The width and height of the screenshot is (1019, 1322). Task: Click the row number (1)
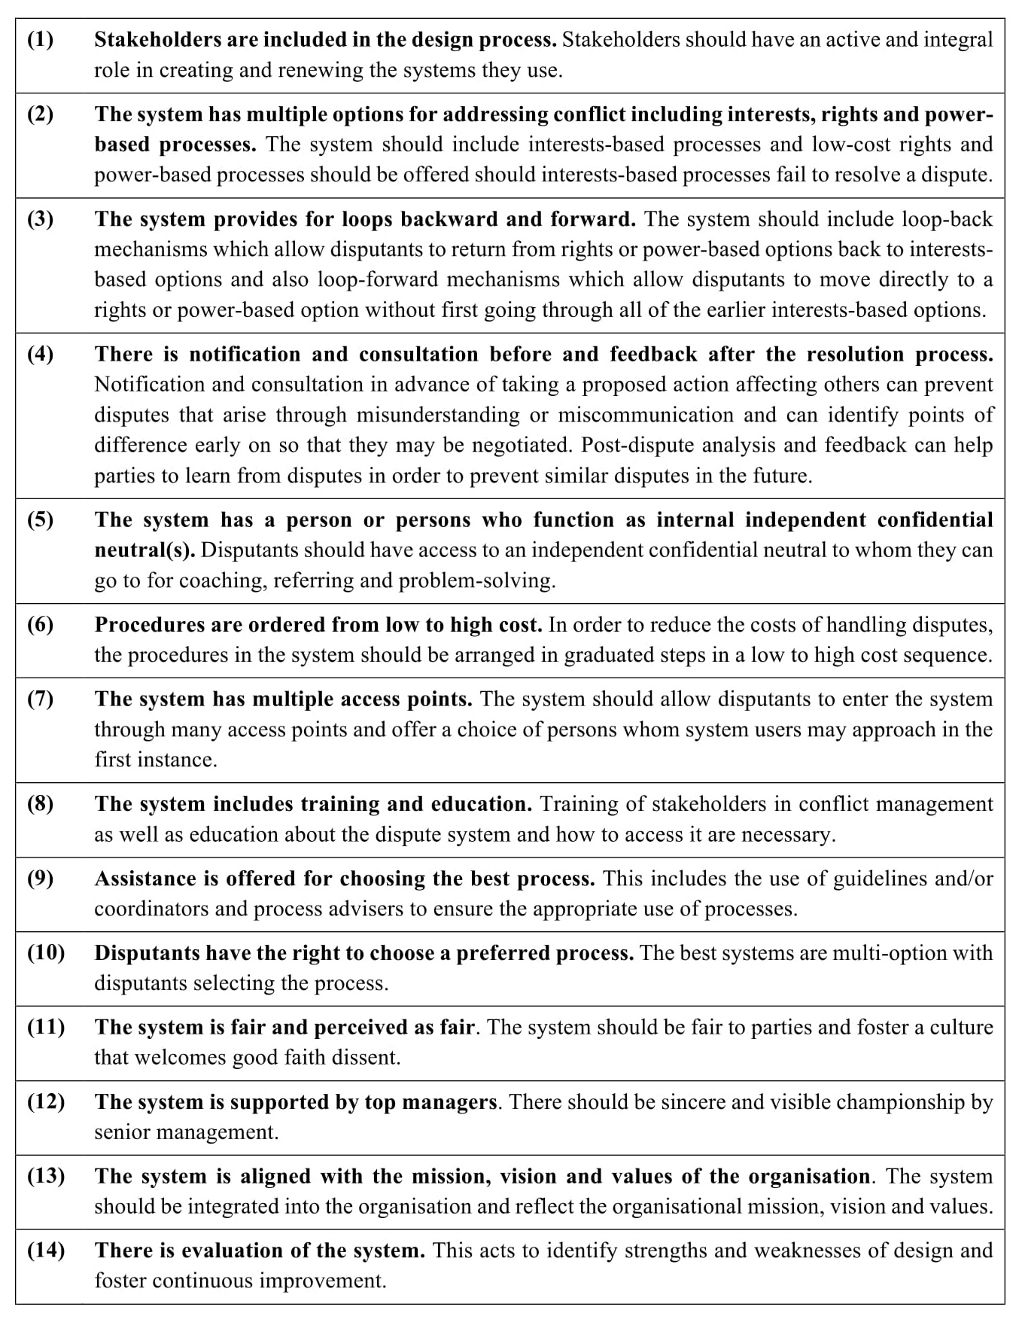(x=41, y=40)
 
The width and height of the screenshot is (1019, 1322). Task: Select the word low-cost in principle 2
(x=854, y=144)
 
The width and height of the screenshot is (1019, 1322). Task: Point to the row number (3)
(x=41, y=219)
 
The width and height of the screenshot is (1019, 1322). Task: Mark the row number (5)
(x=41, y=519)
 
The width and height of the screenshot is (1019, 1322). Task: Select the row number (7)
(x=41, y=699)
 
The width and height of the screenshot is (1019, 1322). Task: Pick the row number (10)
(x=46, y=952)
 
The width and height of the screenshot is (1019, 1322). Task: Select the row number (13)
(x=46, y=1176)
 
